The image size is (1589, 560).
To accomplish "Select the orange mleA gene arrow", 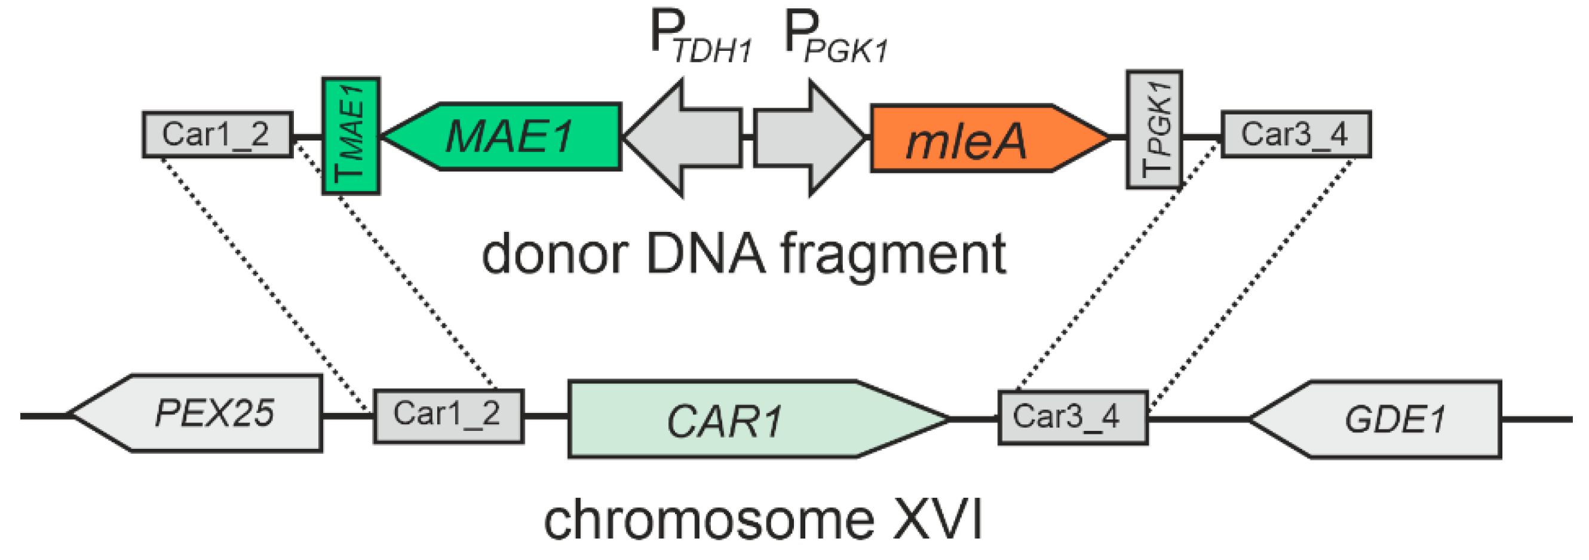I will tap(981, 139).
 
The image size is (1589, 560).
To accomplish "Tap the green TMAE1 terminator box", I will tap(351, 136).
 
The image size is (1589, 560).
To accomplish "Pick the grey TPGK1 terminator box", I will tap(1154, 130).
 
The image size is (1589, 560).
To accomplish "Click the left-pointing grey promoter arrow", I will tap(685, 137).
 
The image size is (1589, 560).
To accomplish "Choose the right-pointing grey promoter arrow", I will tap(808, 137).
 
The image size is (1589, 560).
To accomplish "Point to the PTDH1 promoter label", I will tap(700, 40).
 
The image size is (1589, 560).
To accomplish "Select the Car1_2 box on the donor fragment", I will tap(217, 134).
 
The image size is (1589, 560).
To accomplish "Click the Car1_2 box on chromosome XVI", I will tap(449, 416).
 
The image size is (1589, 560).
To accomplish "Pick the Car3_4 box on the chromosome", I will tap(1073, 417).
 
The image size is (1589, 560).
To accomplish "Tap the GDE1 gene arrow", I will tap(1388, 420).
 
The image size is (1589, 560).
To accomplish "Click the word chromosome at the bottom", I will tap(710, 520).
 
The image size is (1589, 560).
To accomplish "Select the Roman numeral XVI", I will tap(937, 520).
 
